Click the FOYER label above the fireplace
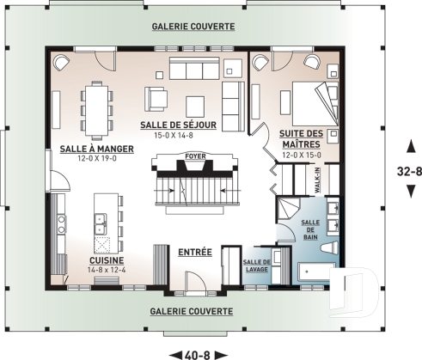pos(195,156)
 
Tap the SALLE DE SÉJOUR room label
pos(178,125)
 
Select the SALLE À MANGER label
pos(97,149)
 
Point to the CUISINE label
pos(107,260)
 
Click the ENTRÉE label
pos(195,253)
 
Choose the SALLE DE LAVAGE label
pos(257,265)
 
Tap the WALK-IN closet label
pos(317,180)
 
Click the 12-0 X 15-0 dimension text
pos(302,156)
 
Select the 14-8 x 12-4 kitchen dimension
pos(107,270)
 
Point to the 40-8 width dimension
pos(198,356)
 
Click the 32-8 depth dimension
pos(409,171)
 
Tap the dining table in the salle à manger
pos(97,111)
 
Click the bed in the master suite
pos(315,104)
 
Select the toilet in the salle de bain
pos(330,247)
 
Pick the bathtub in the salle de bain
pos(315,272)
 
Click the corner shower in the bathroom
pos(288,209)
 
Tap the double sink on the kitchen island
pos(101,224)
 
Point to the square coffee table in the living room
pos(195,107)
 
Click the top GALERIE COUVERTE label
pos(193,27)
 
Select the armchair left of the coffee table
pos(156,99)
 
